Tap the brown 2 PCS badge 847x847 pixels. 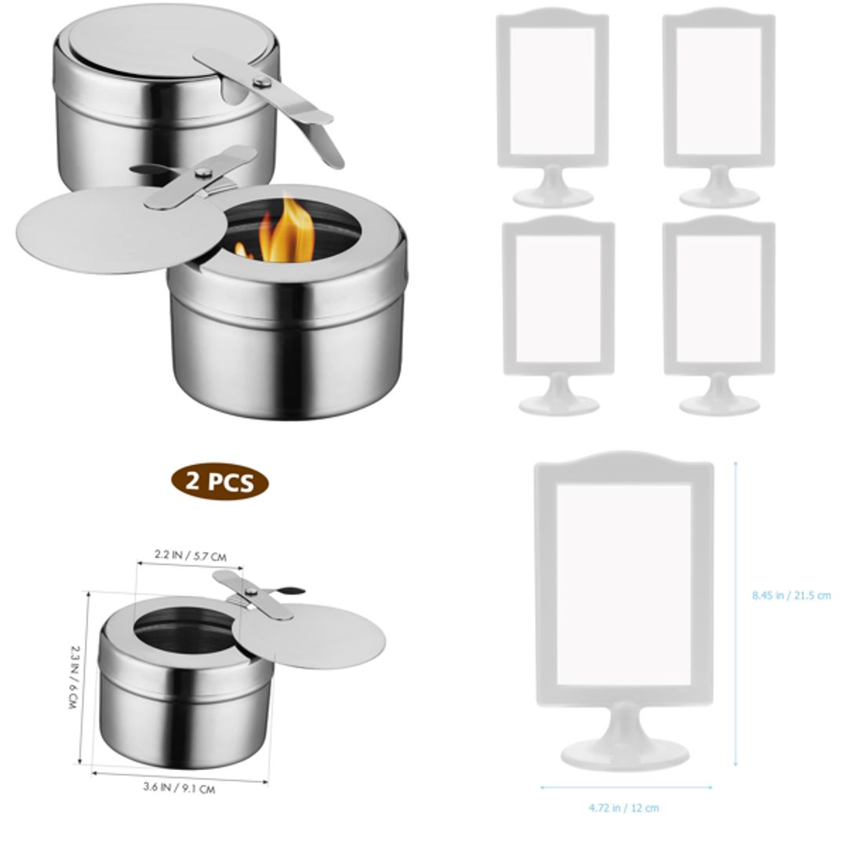pos(220,482)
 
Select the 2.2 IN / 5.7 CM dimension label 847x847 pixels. pos(190,555)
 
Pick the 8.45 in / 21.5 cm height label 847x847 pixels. pos(791,595)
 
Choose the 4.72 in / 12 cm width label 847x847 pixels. pos(624,807)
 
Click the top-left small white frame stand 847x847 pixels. pos(554,106)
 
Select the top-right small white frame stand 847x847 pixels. pos(719,106)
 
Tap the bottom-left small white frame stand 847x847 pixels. pos(558,314)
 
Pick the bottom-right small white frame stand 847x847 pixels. pos(719,314)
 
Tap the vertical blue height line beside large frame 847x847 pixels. pos(736,612)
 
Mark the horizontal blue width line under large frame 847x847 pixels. pos(625,787)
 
